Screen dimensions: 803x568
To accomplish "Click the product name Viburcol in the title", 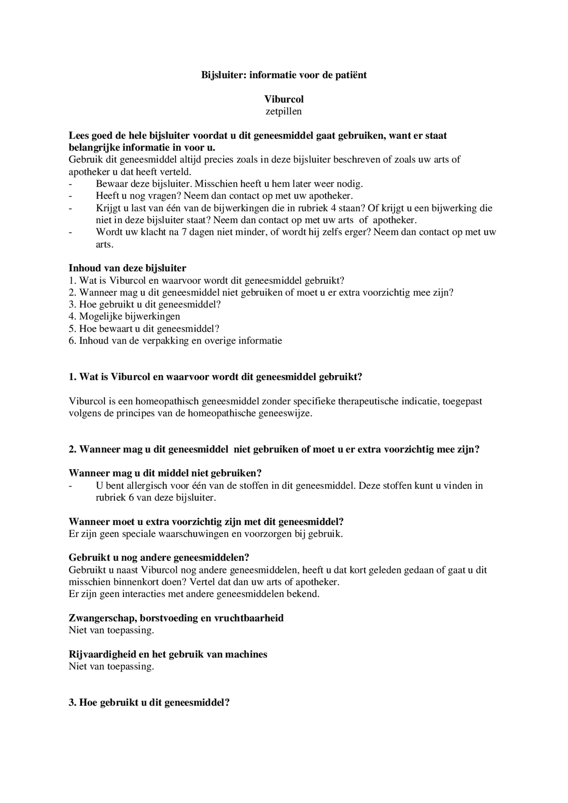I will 284,99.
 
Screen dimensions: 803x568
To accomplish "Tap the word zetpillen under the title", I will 284,111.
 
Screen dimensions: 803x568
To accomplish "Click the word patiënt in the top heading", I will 351,75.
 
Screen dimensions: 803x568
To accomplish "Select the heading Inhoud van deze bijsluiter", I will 127,268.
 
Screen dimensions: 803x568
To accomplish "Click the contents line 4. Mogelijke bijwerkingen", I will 124,316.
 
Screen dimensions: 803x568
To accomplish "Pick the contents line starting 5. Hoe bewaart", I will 144,328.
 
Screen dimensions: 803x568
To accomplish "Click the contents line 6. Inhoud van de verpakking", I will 175,341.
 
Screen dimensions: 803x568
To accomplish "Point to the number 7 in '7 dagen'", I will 184,232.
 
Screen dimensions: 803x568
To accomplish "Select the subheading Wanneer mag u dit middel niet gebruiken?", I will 165,473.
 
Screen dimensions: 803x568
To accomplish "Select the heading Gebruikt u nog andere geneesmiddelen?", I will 159,558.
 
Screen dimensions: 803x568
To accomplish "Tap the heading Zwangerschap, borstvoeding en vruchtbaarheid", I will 176,618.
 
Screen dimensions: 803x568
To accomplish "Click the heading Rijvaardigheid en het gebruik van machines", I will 168,654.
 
